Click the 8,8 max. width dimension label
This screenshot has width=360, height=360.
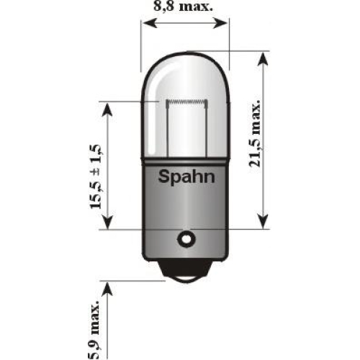click(184, 6)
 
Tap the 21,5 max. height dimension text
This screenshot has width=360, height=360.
click(255, 133)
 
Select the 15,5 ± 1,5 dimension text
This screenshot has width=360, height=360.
click(96, 176)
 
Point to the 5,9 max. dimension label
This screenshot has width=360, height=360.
click(94, 329)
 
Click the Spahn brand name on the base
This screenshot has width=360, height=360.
click(186, 178)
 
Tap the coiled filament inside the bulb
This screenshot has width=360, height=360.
click(186, 102)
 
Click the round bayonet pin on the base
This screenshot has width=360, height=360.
click(186, 239)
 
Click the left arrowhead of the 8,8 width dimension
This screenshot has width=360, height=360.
click(150, 23)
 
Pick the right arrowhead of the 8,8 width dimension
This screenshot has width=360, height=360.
click(220, 23)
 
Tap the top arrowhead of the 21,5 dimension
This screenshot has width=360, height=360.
click(264, 58)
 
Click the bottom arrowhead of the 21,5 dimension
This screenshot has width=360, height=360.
click(264, 221)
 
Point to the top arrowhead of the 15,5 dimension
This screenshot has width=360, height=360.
click(107, 109)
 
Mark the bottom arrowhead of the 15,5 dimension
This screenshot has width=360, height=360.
click(107, 222)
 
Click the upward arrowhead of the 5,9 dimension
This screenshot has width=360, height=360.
click(107, 289)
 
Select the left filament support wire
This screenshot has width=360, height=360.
click(168, 130)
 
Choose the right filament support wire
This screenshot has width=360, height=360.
click(207, 130)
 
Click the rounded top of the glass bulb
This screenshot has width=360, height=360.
click(186, 53)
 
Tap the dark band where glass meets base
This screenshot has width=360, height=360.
click(186, 162)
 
